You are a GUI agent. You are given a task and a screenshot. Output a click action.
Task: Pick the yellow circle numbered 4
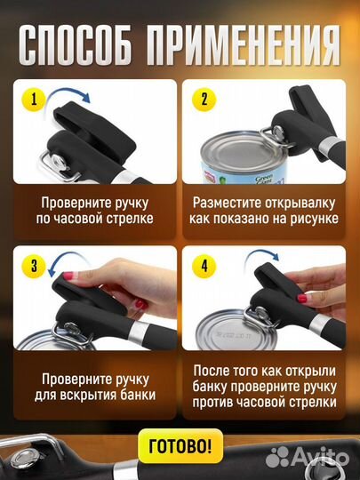204,264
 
